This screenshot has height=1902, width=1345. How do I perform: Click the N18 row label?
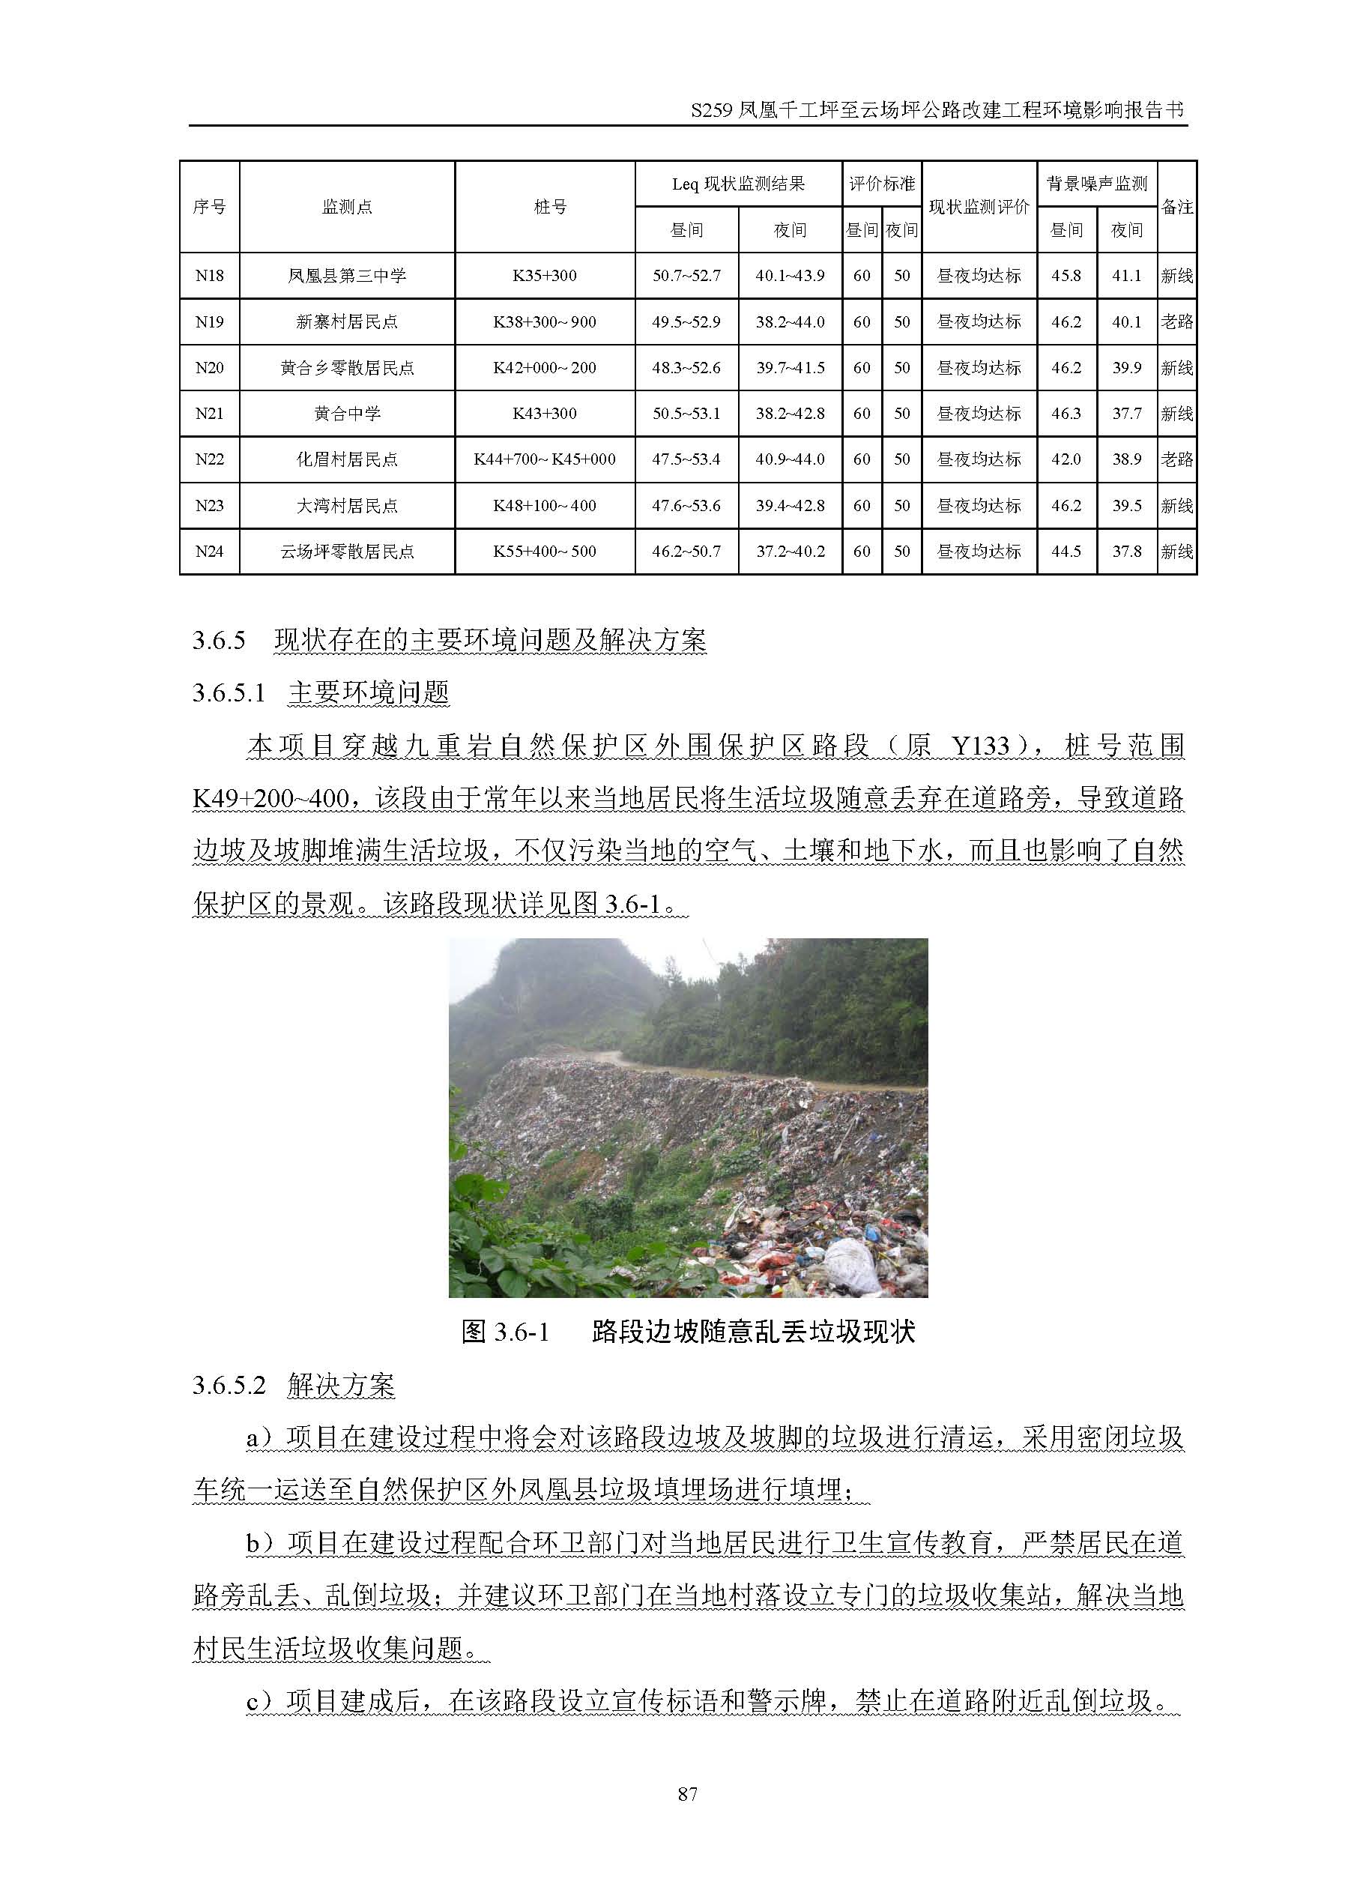[x=209, y=276]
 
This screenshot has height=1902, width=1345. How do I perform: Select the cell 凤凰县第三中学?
[x=346, y=276]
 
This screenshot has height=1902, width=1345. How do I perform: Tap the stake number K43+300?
[x=544, y=414]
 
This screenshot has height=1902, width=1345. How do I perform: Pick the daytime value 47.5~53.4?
[x=686, y=459]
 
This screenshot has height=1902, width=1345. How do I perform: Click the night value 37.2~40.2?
[x=790, y=551]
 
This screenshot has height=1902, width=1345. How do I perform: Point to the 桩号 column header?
[x=550, y=207]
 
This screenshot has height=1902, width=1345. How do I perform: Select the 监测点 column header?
[x=346, y=207]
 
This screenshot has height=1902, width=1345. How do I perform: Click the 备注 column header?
[x=1177, y=207]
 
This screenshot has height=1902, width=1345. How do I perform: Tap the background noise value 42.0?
[x=1066, y=459]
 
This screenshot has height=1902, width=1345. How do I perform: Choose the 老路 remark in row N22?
[x=1177, y=459]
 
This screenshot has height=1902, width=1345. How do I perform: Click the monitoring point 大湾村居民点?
[x=346, y=505]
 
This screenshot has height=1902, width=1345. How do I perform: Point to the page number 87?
[x=687, y=1793]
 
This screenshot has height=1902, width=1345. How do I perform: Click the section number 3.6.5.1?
[x=229, y=692]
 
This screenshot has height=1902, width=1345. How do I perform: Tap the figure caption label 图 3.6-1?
[x=505, y=1331]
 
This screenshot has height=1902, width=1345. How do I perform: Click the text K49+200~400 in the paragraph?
[x=270, y=799]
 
